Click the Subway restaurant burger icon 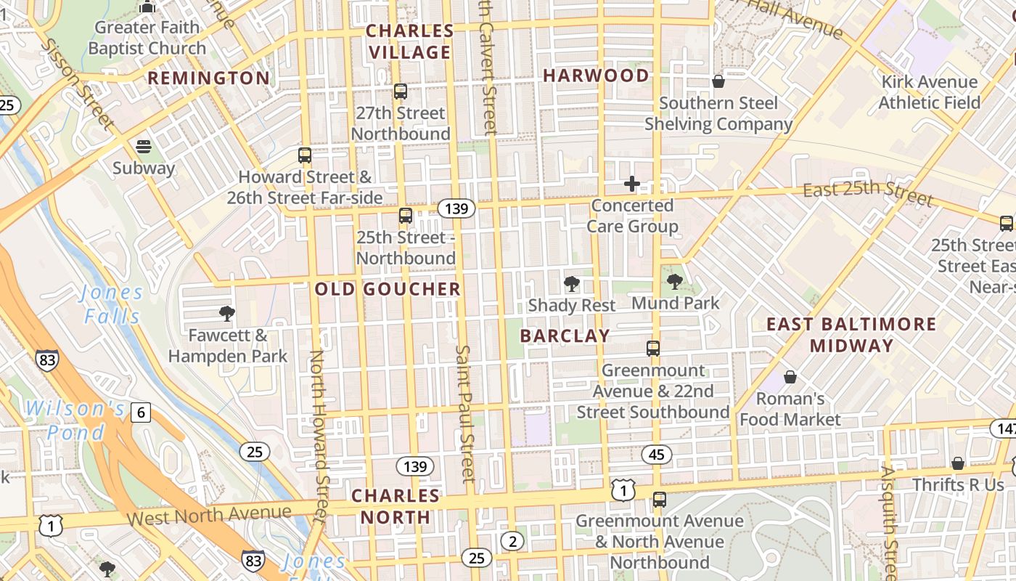[144, 147]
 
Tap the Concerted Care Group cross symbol [632, 184]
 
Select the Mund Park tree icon [675, 282]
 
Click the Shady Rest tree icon [572, 284]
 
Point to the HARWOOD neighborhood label [596, 76]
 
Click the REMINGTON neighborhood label [208, 78]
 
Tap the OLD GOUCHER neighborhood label [388, 289]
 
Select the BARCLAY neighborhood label [565, 336]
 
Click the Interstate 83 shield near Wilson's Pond [46, 360]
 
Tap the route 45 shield [656, 455]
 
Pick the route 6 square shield [141, 413]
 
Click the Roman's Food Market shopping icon [790, 377]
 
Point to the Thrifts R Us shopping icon [958, 463]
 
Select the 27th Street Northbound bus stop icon [400, 92]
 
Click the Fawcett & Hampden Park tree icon [227, 314]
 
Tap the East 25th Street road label [867, 193]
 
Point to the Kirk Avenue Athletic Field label [929, 92]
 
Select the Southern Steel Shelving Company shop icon [718, 81]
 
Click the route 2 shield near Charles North [512, 541]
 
